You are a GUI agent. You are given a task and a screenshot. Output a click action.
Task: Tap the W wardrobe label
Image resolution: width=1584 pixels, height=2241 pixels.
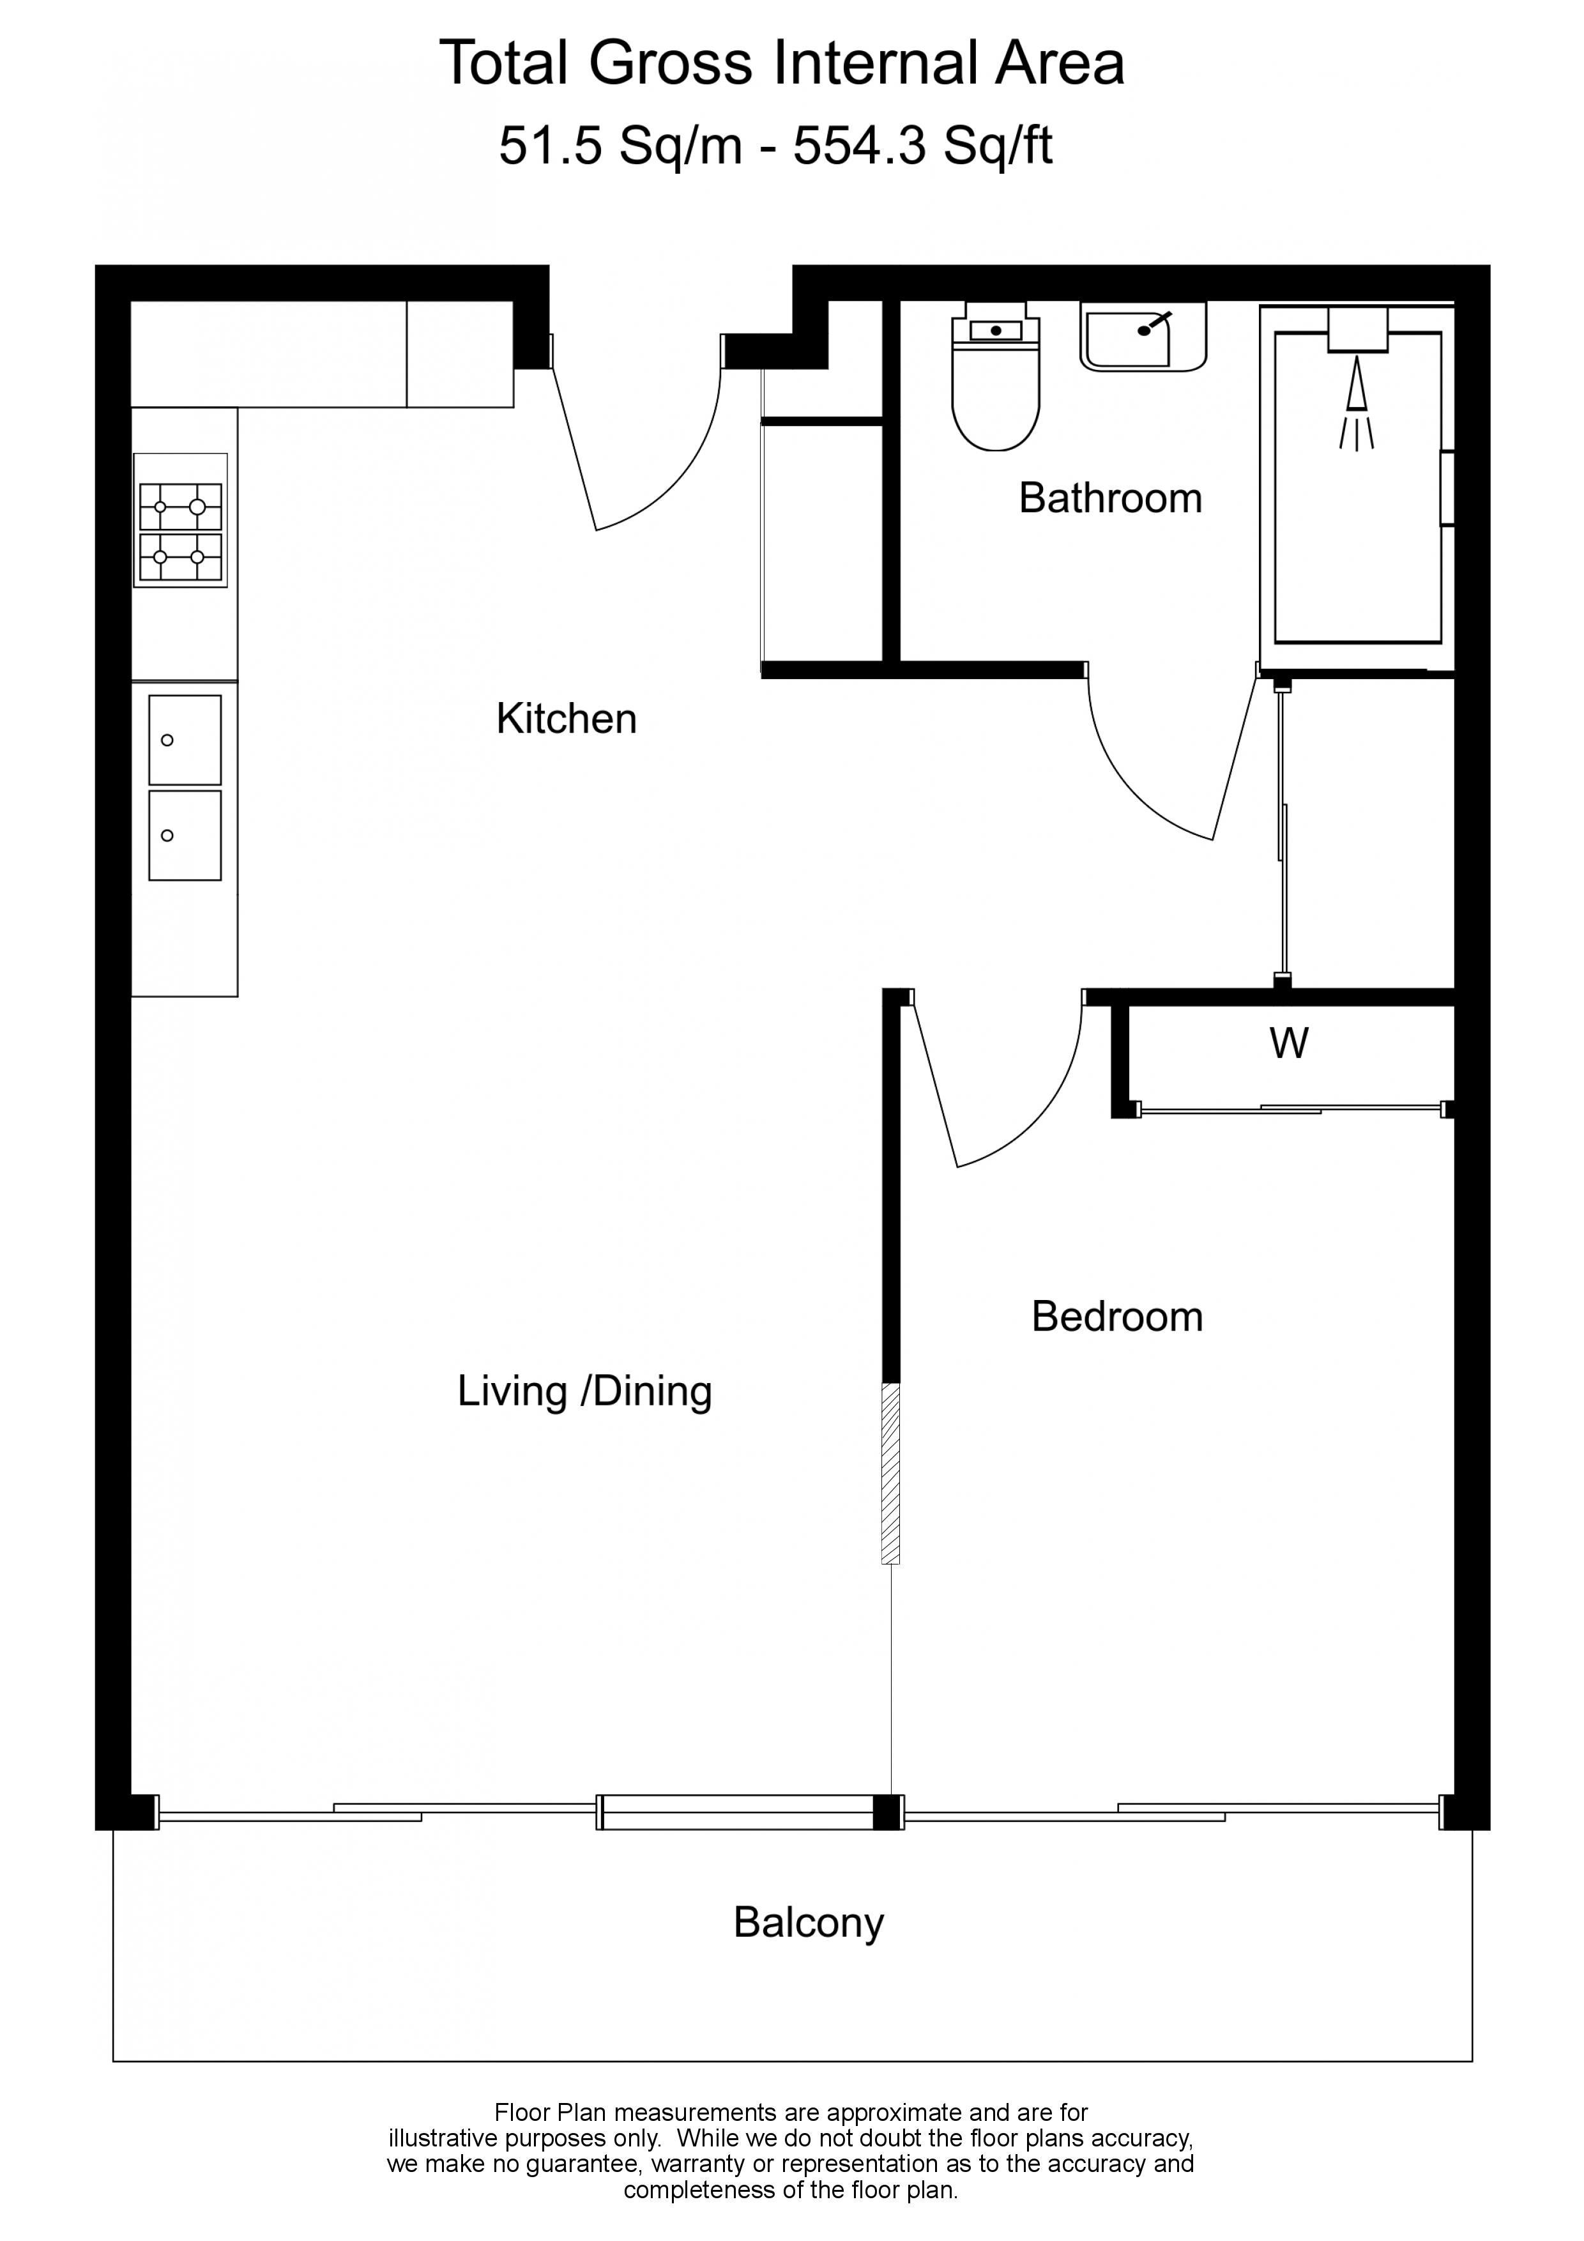[x=1288, y=1043]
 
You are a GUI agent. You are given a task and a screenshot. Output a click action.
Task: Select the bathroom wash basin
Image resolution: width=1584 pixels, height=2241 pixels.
[x=1143, y=337]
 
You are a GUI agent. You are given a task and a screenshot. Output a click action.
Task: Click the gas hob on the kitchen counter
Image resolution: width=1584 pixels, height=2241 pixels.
[x=181, y=520]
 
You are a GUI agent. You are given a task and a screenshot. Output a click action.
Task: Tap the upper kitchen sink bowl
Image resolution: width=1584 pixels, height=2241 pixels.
[x=185, y=740]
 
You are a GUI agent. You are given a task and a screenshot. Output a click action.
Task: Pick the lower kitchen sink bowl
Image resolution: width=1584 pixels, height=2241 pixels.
[x=185, y=836]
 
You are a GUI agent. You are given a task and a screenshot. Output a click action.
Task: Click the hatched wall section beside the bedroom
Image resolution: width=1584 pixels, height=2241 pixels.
[x=890, y=1474]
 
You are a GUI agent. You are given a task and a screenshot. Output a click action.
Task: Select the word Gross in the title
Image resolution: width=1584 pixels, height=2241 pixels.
[x=671, y=63]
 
